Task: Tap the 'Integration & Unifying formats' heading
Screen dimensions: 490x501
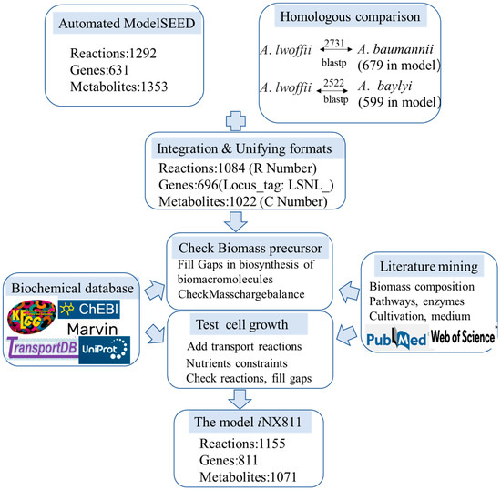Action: (x=252, y=147)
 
